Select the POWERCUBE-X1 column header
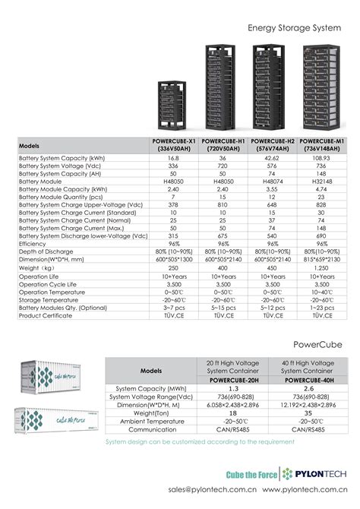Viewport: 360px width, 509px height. [x=173, y=144]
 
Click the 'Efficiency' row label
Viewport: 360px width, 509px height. [x=33, y=243]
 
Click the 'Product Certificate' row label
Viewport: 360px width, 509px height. [x=46, y=315]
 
